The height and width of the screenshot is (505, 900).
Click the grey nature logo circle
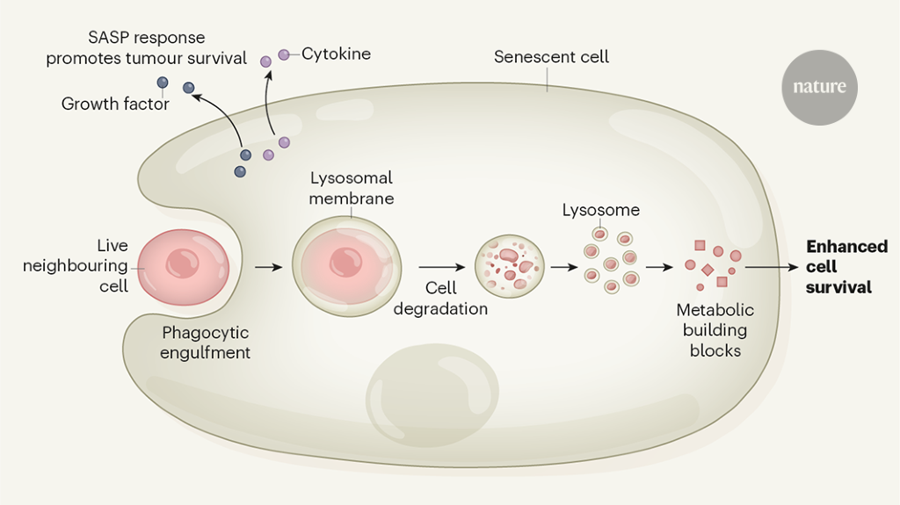[819, 87]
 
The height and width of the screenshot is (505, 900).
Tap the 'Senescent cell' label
[551, 57]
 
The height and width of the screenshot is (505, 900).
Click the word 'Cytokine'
[336, 54]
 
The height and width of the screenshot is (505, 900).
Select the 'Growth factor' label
[115, 105]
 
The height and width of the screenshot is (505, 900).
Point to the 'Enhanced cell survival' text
[846, 266]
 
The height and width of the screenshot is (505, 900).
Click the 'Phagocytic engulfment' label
[206, 343]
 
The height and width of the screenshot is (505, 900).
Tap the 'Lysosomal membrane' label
[351, 188]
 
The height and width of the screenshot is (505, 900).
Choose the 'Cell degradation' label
[440, 299]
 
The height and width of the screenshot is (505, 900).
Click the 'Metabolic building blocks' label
[715, 329]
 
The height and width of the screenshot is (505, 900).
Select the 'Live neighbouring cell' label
[76, 266]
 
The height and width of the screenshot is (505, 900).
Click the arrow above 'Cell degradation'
[441, 266]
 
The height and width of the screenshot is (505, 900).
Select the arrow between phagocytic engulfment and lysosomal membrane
[268, 264]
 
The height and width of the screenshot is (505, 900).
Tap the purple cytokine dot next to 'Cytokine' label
[284, 54]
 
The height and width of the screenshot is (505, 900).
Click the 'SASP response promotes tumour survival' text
[147, 48]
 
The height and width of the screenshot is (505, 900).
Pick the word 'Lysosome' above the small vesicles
[601, 211]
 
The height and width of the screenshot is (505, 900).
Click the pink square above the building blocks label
[700, 246]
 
